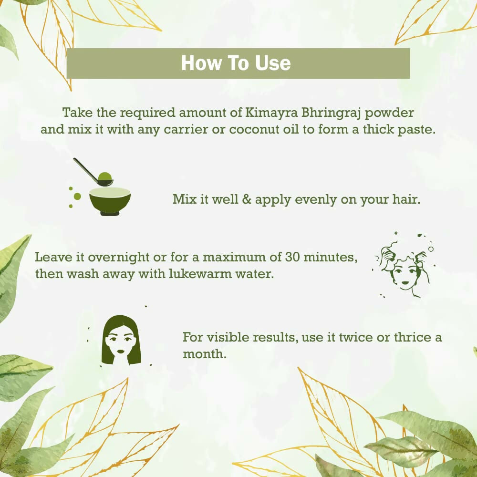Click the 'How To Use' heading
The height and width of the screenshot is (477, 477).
(236, 63)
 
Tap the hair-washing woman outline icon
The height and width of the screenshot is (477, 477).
(403, 266)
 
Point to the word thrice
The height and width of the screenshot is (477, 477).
(413, 338)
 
